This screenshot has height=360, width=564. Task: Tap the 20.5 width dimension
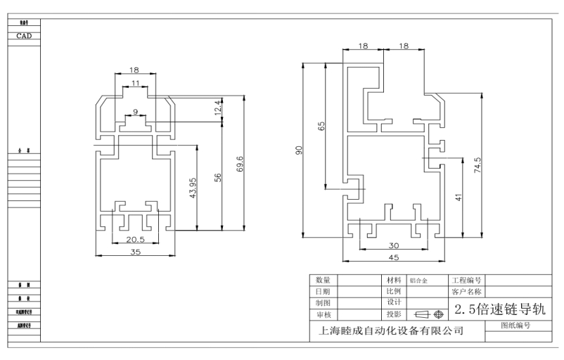(134, 239)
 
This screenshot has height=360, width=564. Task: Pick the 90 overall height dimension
(298, 150)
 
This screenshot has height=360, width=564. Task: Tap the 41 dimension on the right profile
(459, 198)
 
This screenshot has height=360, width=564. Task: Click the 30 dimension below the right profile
(394, 245)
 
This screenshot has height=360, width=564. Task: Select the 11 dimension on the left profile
(135, 84)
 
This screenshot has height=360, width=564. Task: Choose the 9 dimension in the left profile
(135, 112)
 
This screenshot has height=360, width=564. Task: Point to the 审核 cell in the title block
(323, 314)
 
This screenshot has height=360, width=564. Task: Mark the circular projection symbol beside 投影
(439, 314)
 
